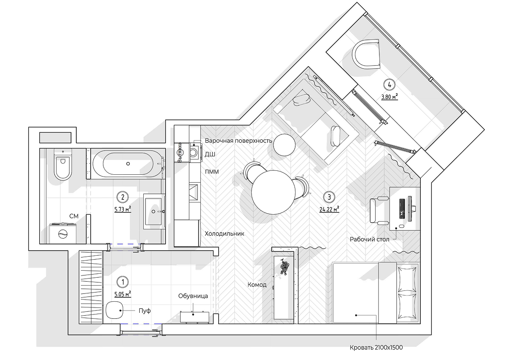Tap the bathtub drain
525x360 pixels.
128,164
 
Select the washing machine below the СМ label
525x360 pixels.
63,233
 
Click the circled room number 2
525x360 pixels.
123,197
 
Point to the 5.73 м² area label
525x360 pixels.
123,209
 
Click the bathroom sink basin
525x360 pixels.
154,212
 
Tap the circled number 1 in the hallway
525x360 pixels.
123,282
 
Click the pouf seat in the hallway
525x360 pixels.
114,310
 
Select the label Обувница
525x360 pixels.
193,296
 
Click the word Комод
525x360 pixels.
257,285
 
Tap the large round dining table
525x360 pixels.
273,192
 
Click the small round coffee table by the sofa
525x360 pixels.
284,145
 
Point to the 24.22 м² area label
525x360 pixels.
329,209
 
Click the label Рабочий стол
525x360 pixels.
369,239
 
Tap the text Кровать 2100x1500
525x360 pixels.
376,348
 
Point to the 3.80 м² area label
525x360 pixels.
390,97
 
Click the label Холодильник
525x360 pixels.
224,233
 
